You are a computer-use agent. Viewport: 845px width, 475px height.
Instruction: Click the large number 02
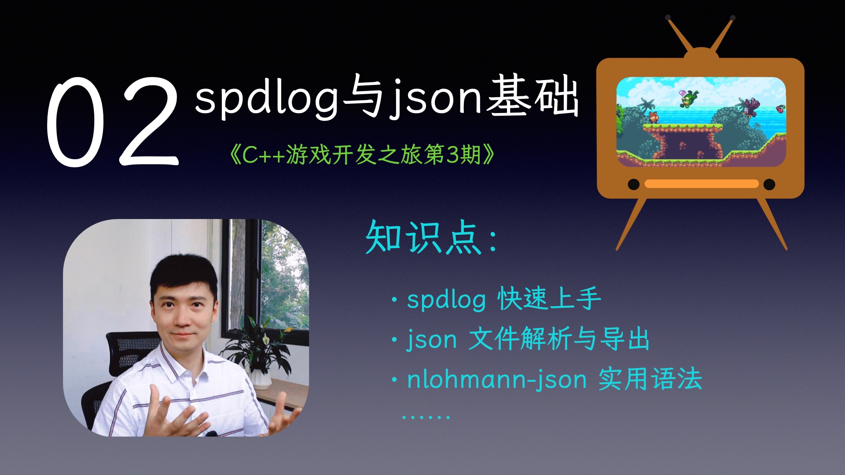pos(113,122)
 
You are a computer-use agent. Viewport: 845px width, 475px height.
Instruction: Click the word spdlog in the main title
pos(267,99)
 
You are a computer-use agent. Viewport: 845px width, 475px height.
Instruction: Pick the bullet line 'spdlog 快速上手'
pos(503,300)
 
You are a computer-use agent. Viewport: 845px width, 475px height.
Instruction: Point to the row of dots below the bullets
pos(426,417)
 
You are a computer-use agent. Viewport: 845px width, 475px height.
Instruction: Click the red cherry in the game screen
pos(780,108)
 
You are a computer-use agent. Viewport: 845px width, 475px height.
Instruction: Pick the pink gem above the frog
pos(683,93)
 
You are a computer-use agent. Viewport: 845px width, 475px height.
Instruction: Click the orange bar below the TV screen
pos(701,184)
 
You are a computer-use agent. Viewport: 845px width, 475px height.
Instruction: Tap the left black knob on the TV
pos(633,184)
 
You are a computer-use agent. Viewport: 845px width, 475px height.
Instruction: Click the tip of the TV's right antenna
pos(732,18)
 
